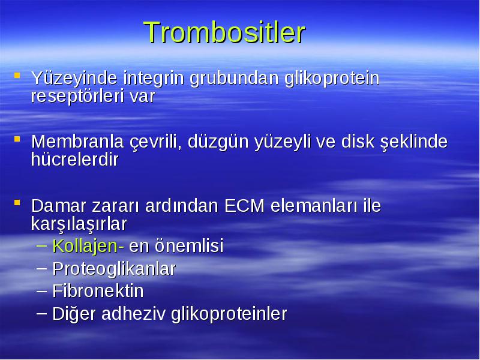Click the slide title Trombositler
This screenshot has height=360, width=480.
coord(224,32)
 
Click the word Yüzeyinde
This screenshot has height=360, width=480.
coord(74,78)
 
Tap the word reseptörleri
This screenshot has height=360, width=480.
coord(77,96)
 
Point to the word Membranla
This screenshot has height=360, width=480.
coord(77,142)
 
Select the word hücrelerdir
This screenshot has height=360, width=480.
coord(74,160)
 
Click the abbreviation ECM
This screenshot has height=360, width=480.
coord(244,206)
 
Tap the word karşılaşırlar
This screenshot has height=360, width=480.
coord(79,224)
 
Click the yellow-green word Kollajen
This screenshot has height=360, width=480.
coord(85,246)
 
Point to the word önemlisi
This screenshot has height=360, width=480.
coord(189,245)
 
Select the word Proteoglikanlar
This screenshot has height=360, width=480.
coord(114,269)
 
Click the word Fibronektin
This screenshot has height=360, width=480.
coord(98,291)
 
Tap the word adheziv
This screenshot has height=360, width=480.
coord(133,313)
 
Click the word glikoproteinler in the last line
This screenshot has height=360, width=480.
coord(229,314)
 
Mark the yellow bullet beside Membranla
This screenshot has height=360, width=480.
coord(17,139)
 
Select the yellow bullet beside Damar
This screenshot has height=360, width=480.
coord(17,203)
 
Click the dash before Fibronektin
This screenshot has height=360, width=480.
coord(41,290)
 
